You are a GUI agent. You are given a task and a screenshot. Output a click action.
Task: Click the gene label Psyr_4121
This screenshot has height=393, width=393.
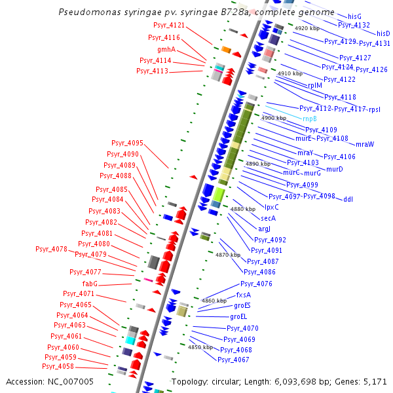(x=169, y=25)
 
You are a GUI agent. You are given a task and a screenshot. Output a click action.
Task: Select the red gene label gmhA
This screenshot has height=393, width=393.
(x=166, y=49)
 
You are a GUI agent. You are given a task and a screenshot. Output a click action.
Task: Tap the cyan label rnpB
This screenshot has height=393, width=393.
(x=309, y=119)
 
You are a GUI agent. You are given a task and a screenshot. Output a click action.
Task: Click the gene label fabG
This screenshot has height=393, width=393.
(x=90, y=284)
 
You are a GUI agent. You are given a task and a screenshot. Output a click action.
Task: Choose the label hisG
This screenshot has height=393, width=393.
(x=354, y=16)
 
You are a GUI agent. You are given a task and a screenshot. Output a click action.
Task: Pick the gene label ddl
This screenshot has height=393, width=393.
(x=348, y=199)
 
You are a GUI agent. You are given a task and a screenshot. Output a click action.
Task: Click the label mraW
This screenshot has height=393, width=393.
(x=365, y=144)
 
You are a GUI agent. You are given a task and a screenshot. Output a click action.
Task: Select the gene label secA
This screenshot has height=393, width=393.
(x=269, y=218)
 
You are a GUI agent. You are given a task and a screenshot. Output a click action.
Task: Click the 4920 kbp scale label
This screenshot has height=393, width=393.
(x=307, y=29)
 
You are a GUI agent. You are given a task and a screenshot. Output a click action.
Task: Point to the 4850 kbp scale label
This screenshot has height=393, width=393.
(x=200, y=347)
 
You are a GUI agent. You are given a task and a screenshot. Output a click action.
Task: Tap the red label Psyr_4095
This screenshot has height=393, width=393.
(x=127, y=143)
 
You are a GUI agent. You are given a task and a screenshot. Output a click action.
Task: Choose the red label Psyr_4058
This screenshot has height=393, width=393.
(x=58, y=366)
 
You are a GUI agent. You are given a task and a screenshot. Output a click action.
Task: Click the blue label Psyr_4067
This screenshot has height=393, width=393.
(x=233, y=360)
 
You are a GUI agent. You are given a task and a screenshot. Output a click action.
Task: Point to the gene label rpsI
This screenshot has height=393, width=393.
(x=375, y=109)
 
